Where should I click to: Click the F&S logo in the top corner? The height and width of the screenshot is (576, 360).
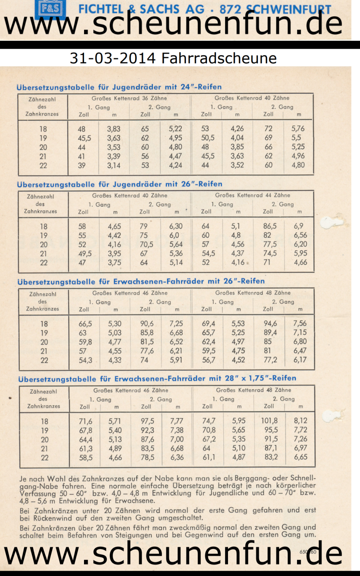(x=50, y=8)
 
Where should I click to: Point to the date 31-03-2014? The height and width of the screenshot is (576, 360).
(x=112, y=58)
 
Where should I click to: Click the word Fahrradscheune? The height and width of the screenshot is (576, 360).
(x=219, y=58)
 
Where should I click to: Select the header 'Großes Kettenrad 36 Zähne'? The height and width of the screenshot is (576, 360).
(x=129, y=98)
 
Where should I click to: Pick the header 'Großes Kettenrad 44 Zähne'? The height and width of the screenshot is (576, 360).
(x=252, y=195)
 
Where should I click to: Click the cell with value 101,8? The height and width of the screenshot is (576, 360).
(x=269, y=421)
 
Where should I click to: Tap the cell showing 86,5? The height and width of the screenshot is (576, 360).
(x=270, y=226)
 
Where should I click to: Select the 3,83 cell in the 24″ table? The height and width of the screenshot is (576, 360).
(x=114, y=129)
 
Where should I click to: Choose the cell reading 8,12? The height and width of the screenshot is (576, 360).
(x=300, y=421)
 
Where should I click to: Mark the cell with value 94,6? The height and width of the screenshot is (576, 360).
(x=270, y=324)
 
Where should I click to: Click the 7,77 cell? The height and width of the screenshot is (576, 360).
(x=177, y=421)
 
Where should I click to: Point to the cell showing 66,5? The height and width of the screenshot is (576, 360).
(x=85, y=324)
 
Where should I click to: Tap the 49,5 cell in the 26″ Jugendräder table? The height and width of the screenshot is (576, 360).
(x=85, y=253)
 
